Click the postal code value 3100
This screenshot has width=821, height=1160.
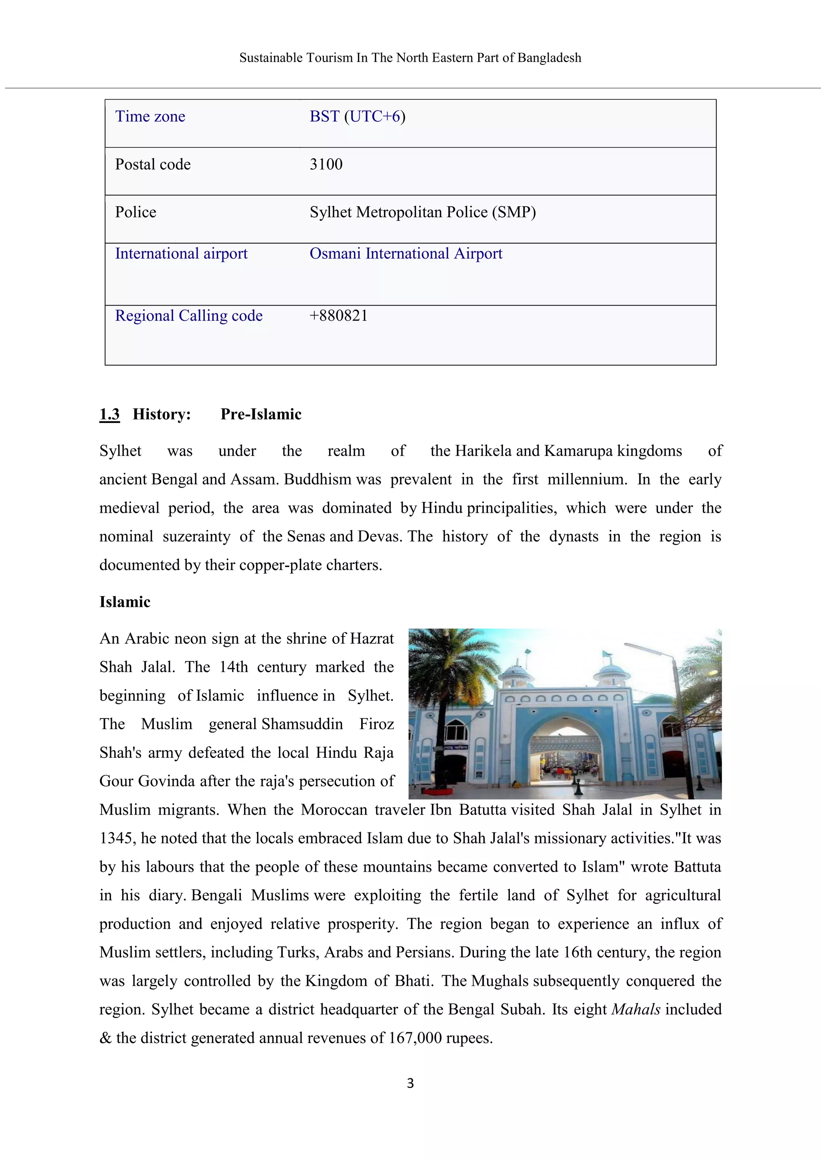click(x=326, y=164)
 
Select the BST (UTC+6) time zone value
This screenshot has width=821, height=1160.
click(x=358, y=117)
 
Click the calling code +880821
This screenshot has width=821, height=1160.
click(x=338, y=316)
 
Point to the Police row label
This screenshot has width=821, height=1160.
click(x=135, y=212)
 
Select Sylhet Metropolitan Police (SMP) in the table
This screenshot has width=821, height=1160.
click(x=423, y=212)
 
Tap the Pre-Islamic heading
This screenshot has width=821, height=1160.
click(x=261, y=414)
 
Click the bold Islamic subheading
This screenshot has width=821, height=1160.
click(x=125, y=602)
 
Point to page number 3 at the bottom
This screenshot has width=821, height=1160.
click(x=410, y=1083)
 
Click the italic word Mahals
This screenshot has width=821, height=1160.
click(x=635, y=1009)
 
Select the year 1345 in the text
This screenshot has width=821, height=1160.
click(x=116, y=838)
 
